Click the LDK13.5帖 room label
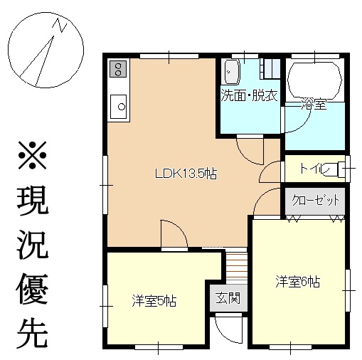click(x=186, y=174)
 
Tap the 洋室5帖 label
click(x=154, y=301)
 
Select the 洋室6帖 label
click(x=298, y=282)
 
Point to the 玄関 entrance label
click(x=228, y=297)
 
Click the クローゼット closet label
click(x=315, y=201)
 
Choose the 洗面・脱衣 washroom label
click(x=249, y=95)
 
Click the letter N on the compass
click(x=61, y=25)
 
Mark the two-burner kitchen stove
click(x=118, y=69)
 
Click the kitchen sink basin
click(x=118, y=107)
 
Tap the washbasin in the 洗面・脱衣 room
click(x=232, y=72)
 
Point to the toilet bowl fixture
click(x=336, y=169)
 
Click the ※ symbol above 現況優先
click(x=33, y=155)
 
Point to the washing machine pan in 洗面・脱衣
click(x=270, y=69)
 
